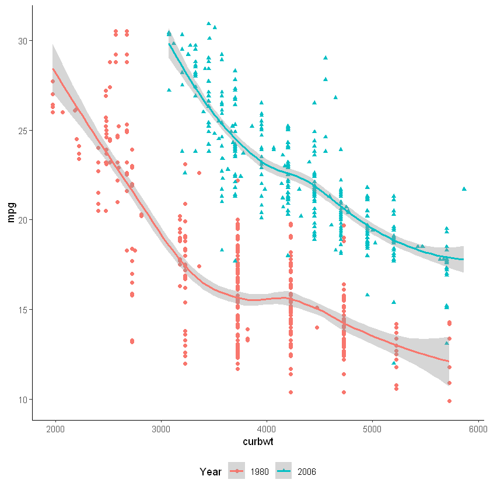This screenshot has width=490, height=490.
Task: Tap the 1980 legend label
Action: click(x=260, y=471)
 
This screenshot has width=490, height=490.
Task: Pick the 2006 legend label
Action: click(x=306, y=471)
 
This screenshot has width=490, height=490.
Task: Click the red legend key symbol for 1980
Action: click(x=236, y=471)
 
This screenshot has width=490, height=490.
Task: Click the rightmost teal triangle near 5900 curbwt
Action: click(x=464, y=188)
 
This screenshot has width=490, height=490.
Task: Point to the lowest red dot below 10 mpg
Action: click(x=450, y=401)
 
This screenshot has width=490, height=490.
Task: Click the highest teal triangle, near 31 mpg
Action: click(x=208, y=24)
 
